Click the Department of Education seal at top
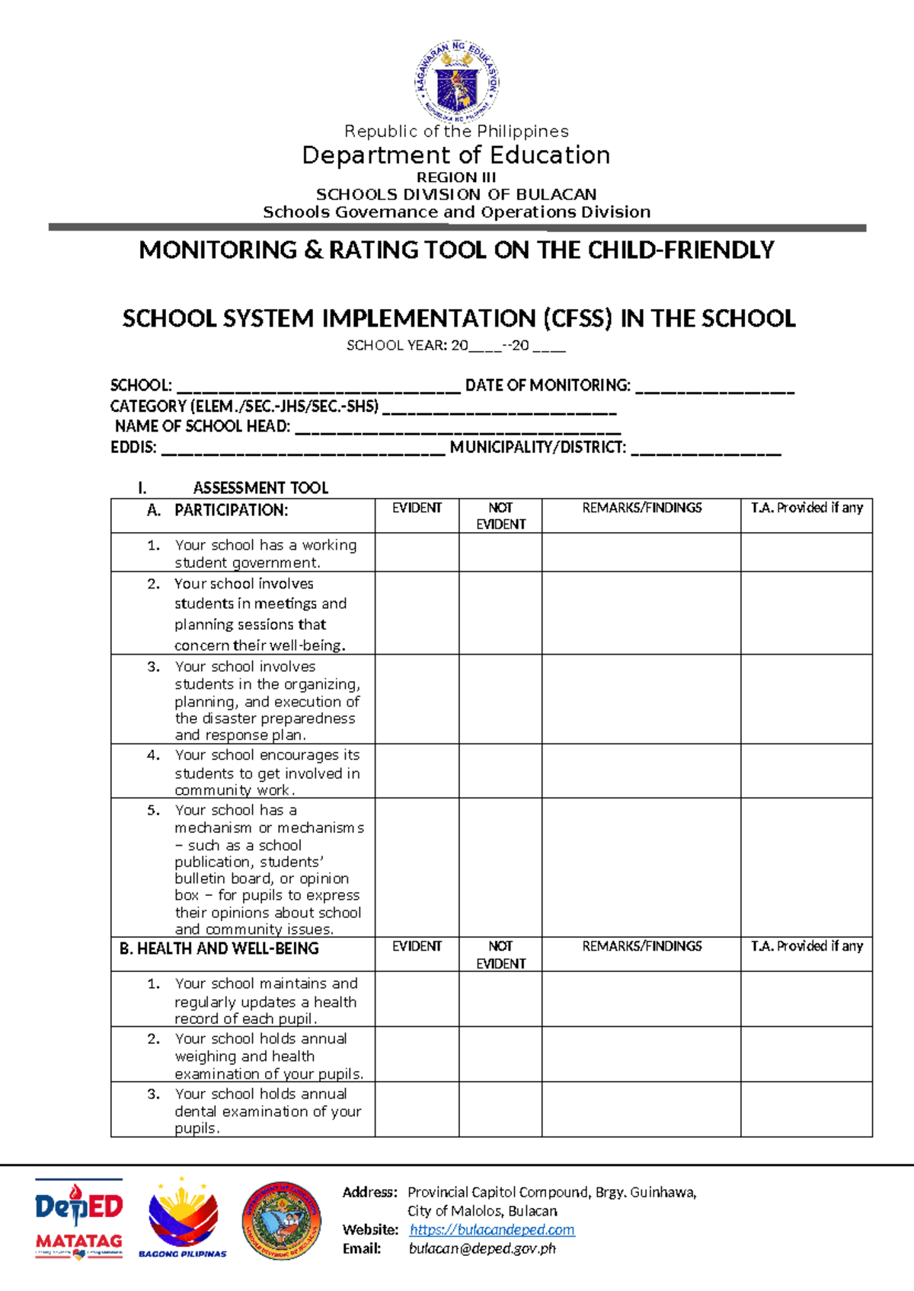457,81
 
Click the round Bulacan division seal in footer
281,1221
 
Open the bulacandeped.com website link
492,1229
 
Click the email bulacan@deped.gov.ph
482,1248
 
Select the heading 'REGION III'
456,177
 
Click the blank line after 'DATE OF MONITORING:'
714,387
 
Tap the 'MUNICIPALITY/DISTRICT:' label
538,448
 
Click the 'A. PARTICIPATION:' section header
231,511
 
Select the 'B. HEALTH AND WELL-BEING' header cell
219,948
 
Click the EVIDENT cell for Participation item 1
417,553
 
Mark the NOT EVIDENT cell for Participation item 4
500,771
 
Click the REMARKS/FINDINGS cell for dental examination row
641,1110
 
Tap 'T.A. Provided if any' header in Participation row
807,508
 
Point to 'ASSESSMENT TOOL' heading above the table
260,488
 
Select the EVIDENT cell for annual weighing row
417,1054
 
